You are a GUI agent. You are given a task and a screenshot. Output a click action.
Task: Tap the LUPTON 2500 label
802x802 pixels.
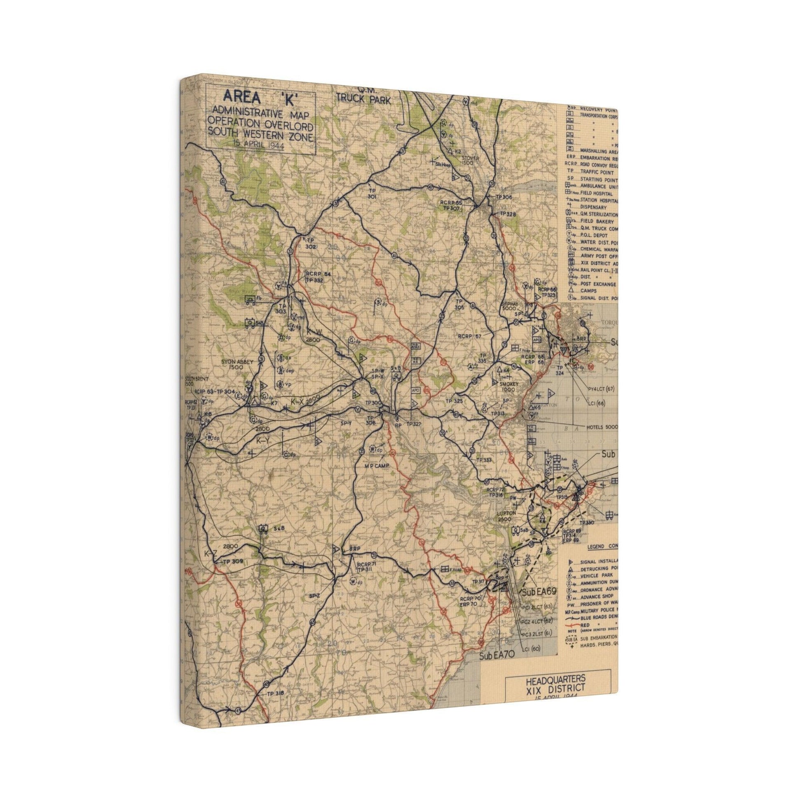506,516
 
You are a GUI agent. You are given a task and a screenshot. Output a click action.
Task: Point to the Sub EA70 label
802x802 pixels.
497,667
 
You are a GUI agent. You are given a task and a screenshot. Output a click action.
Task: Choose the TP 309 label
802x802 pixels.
232,562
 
